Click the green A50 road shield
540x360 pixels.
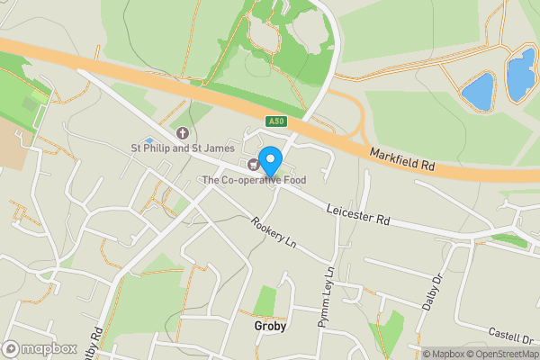pyautogui.click(x=276, y=121)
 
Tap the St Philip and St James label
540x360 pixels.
pyautogui.click(x=183, y=148)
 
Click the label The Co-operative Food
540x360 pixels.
pyautogui.click(x=259, y=181)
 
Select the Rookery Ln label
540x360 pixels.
pyautogui.click(x=274, y=235)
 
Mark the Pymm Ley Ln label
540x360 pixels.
pyautogui.click(x=326, y=296)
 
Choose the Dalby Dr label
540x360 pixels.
pyautogui.click(x=433, y=292)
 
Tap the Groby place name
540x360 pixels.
pyautogui.click(x=270, y=327)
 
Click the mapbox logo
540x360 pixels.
pyautogui.click(x=40, y=347)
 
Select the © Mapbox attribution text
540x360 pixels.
pyautogui.click(x=442, y=354)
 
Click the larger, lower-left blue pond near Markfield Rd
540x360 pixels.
pyautogui.click(x=478, y=91)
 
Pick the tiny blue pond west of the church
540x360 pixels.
pyautogui.click(x=148, y=140)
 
